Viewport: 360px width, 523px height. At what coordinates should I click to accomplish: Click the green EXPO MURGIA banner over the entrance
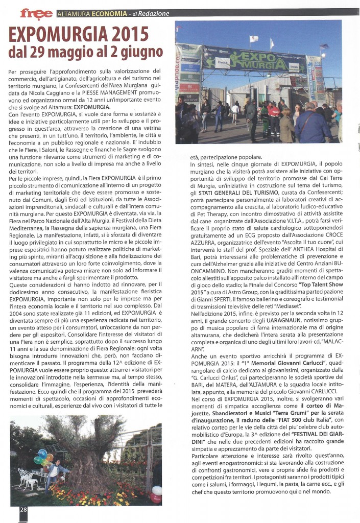[x=259, y=57]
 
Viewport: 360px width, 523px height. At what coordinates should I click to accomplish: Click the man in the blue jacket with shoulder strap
[x=313, y=125]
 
